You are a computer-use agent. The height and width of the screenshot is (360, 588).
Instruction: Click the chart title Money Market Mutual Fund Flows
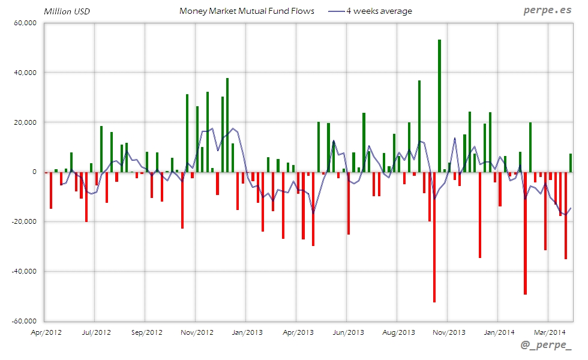(x=247, y=11)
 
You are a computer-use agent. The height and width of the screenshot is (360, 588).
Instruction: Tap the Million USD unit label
(x=67, y=11)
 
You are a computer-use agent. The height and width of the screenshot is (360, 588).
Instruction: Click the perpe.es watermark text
(x=547, y=10)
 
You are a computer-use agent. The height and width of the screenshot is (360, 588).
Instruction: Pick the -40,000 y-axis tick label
(x=25, y=271)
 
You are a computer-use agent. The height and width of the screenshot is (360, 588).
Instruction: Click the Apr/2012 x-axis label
(x=46, y=332)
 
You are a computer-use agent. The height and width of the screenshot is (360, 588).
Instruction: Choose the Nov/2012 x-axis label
(x=197, y=332)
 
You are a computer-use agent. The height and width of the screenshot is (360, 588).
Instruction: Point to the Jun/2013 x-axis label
(x=348, y=332)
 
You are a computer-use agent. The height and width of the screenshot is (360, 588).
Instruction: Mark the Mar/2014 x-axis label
(x=550, y=332)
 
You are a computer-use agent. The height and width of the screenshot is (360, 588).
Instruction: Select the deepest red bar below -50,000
(x=434, y=237)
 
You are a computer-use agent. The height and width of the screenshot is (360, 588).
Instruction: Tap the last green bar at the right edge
(x=571, y=163)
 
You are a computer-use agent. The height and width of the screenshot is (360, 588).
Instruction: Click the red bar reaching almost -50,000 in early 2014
(x=525, y=233)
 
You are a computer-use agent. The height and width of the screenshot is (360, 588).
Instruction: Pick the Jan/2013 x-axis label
(x=247, y=332)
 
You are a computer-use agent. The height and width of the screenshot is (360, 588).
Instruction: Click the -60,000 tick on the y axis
(x=25, y=321)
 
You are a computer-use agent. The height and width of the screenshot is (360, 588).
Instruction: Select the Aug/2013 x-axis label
(x=398, y=332)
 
